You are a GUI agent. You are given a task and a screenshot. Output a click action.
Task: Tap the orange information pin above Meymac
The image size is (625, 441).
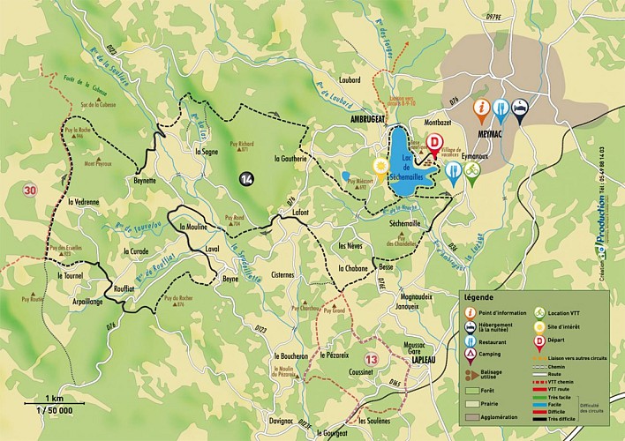[481, 108]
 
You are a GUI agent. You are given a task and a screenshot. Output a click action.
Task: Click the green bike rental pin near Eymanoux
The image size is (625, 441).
[472, 170]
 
